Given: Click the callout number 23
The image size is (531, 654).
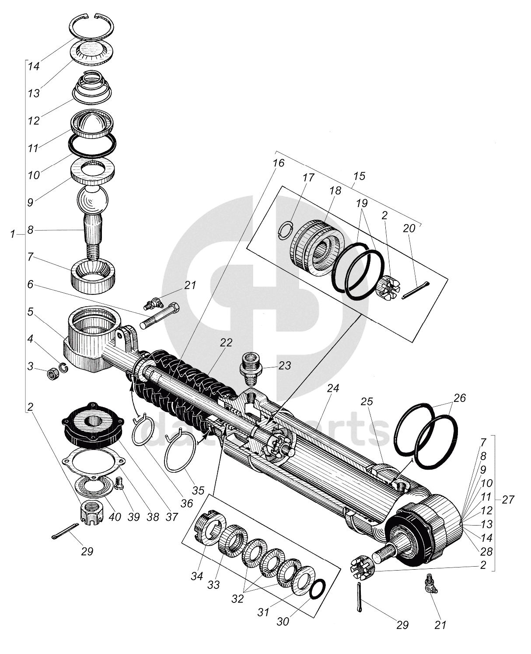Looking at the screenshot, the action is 284,365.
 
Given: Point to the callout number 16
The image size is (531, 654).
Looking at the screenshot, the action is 279,163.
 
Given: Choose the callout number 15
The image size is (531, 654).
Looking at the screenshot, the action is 359,176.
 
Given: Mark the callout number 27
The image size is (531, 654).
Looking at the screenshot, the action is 508,500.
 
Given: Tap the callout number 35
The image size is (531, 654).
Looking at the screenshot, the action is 198,491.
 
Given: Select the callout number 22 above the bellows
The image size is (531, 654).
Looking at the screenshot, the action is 226,343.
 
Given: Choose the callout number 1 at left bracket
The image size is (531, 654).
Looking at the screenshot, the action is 13,235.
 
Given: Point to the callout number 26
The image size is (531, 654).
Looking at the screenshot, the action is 460,398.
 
